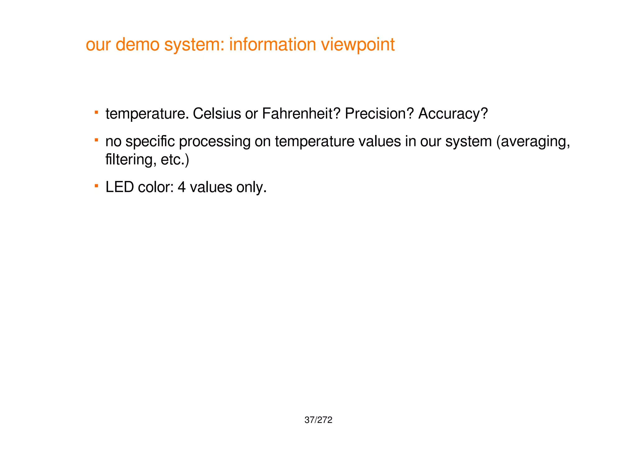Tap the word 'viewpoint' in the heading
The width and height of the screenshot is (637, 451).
pyautogui.click(x=358, y=45)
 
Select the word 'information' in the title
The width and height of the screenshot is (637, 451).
pyautogui.click(x=272, y=45)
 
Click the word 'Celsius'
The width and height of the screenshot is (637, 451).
pyautogui.click(x=217, y=114)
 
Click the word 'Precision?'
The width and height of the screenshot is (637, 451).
pyautogui.click(x=379, y=114)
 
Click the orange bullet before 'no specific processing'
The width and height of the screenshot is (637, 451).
pyautogui.click(x=97, y=140)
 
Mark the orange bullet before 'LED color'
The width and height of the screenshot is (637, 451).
pyautogui.click(x=97, y=186)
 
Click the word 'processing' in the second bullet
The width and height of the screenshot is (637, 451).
pyautogui.click(x=215, y=142)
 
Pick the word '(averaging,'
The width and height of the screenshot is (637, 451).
pyautogui.click(x=533, y=142)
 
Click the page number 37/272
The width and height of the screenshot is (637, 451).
pyautogui.click(x=318, y=420)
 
